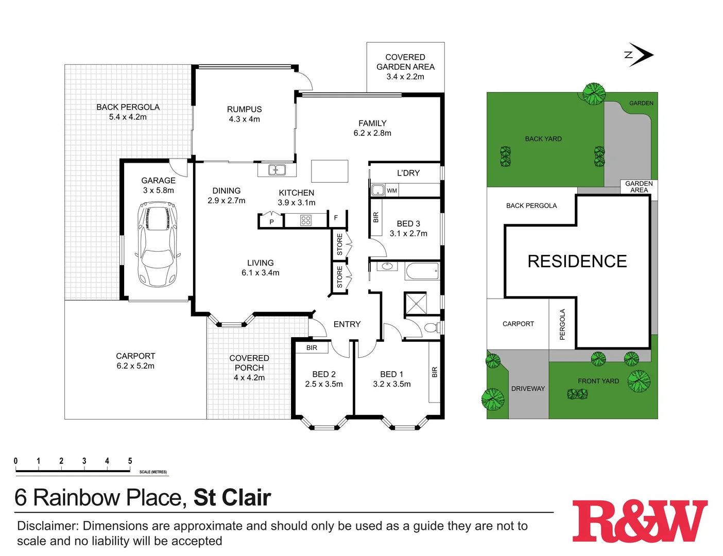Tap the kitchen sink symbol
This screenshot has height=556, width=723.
[x=277, y=169]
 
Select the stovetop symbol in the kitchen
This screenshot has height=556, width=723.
[x=306, y=220]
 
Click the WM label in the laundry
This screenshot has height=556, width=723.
[x=392, y=190]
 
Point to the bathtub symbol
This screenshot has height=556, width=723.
[x=422, y=271]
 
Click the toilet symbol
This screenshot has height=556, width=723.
[x=432, y=327]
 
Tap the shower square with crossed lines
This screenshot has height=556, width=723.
[x=415, y=303]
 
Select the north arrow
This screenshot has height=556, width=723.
[x=640, y=55]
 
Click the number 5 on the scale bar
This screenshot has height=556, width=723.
[x=130, y=461]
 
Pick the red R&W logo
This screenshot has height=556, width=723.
[x=640, y=521]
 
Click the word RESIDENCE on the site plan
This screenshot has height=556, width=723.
[x=577, y=262]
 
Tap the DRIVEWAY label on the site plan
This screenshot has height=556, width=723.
[x=528, y=389]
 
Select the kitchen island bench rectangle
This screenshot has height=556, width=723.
[x=330, y=171]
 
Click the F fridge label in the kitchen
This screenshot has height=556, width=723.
[x=336, y=218]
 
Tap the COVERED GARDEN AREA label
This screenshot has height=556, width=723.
[x=405, y=67]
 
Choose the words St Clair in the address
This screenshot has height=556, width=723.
[x=232, y=498]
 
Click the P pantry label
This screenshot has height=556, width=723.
[x=271, y=222]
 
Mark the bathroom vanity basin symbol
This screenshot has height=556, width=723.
[x=386, y=267]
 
